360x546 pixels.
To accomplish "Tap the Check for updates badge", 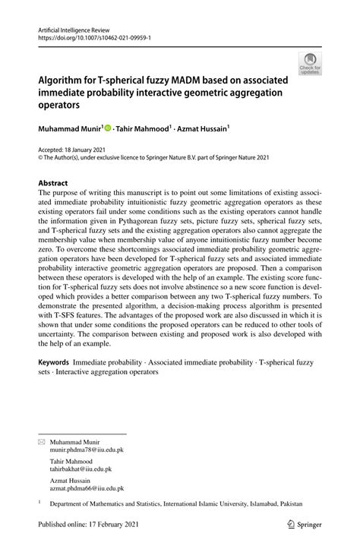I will click(310, 65).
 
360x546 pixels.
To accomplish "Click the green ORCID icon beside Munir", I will click(108, 128).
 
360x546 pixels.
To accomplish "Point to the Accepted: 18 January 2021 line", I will click(71, 151).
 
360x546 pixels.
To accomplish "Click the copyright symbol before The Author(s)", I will click(41, 159).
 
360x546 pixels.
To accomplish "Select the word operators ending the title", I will click(63, 104).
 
